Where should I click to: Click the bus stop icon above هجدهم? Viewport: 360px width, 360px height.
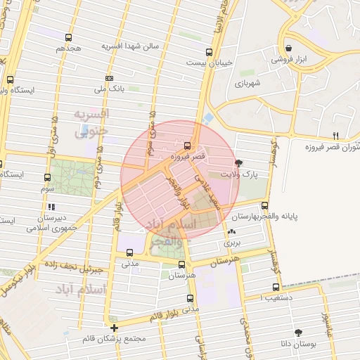[68, 37]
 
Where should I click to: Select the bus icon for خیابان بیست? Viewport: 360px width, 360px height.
[209, 52]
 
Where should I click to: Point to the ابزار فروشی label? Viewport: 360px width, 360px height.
[288, 60]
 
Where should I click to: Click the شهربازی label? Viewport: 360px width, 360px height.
[247, 84]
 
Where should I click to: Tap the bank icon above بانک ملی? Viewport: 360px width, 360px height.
[109, 77]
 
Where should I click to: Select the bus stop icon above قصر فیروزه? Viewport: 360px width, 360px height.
[186, 146]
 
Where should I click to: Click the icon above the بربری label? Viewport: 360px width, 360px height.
[232, 231]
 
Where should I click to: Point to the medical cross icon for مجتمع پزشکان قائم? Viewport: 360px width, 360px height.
[114, 328]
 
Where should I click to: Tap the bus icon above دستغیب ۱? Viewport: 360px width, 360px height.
[276, 287]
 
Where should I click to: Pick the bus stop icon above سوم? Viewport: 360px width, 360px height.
[47, 178]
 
